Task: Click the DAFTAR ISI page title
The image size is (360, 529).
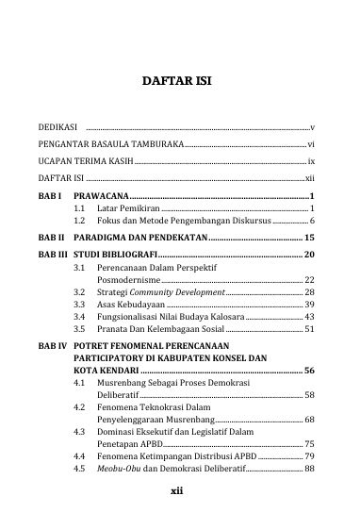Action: point(179,82)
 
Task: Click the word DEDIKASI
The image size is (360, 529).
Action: point(56,126)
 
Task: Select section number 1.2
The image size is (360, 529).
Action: point(80,219)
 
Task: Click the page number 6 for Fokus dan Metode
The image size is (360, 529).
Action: point(312,219)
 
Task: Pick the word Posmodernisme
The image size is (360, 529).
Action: point(132,280)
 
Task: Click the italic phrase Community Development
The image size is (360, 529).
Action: point(179,293)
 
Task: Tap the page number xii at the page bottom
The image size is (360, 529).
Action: point(179,491)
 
